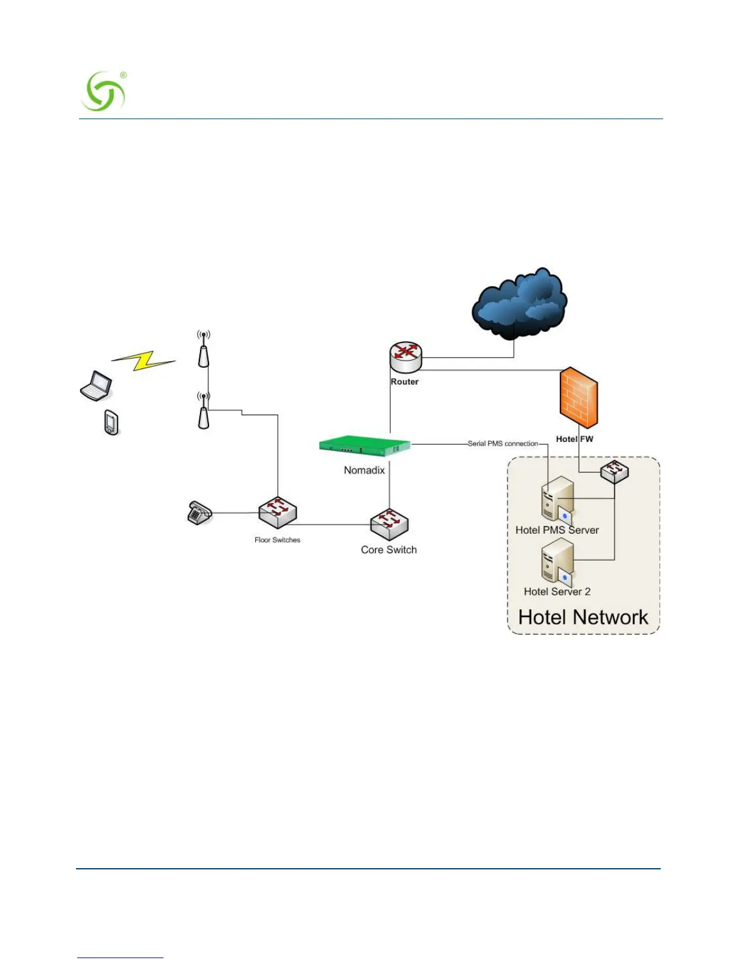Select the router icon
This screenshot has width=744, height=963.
[405, 356]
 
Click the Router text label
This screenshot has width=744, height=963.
[404, 382]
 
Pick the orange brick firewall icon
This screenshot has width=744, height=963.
[578, 397]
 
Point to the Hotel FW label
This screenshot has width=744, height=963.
[574, 439]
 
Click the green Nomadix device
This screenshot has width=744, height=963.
[365, 445]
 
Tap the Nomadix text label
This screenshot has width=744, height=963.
[364, 470]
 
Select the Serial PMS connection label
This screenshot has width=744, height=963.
[503, 444]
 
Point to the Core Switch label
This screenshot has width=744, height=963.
[388, 550]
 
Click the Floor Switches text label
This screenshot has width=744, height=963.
[277, 540]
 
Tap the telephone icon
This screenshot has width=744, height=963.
[198, 513]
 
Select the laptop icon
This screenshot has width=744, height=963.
[97, 386]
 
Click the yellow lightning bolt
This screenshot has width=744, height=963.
[144, 360]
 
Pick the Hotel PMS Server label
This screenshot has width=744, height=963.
[557, 530]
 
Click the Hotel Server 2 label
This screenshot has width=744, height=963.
[557, 592]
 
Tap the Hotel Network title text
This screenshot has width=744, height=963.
[583, 617]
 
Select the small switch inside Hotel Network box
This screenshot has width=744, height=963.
[615, 471]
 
